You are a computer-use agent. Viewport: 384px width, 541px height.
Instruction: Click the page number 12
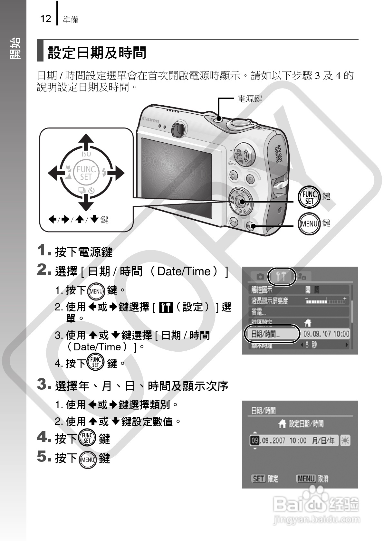coord(45,19)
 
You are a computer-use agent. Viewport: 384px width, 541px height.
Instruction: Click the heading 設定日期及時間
coord(97,52)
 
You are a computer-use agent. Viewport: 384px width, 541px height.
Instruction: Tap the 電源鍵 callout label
coord(250,98)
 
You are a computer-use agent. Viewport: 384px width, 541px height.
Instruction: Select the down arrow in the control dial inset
coord(86,203)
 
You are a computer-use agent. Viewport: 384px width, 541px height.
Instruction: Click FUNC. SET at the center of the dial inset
coord(86,173)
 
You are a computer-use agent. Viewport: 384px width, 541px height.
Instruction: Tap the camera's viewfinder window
coord(178,129)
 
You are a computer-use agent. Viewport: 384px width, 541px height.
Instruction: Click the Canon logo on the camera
coord(151,120)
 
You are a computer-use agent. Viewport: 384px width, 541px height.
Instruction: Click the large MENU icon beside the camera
coord(309,223)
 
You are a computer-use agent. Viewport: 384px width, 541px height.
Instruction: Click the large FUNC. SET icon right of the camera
coord(309,197)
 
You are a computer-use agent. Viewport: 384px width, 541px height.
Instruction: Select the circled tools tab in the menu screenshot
coord(282,276)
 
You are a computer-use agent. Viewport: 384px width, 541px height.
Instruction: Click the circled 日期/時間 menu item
coord(272,334)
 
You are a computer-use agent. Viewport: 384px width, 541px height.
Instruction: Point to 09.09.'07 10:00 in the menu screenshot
coord(326,334)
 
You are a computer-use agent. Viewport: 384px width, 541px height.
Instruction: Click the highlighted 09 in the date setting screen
coord(254,441)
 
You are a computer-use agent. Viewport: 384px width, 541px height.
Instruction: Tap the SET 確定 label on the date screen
coord(264,479)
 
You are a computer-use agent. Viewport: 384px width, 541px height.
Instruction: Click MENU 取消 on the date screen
coord(312,479)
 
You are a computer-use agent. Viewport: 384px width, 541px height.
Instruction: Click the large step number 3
coord(43,384)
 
